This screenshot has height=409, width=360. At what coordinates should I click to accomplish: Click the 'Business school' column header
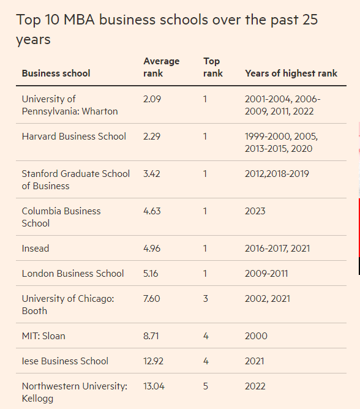[x=56, y=73]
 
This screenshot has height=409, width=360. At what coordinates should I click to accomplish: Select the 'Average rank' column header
[x=161, y=67]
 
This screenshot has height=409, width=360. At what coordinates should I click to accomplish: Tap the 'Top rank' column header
[x=213, y=67]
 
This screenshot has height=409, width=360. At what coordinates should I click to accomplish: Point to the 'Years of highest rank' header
[x=291, y=73]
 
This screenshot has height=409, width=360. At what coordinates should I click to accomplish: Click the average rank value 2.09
[x=152, y=99]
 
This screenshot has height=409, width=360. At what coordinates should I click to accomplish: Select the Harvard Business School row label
[x=74, y=137]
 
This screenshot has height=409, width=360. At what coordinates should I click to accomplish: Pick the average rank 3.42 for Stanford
[x=152, y=174]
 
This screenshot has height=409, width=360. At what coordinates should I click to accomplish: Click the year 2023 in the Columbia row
[x=255, y=211]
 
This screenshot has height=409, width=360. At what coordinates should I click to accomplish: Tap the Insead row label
[x=36, y=249]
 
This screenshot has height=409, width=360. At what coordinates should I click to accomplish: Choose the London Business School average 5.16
[x=151, y=273]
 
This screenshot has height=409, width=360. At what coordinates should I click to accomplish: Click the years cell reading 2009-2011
[x=266, y=273]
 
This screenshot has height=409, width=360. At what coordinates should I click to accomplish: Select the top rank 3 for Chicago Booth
[x=206, y=298]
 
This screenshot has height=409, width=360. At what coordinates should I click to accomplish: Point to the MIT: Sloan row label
[x=43, y=336]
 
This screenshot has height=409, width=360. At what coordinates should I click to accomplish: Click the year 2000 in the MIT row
[x=256, y=336]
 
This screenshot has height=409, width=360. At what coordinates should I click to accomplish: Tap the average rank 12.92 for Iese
[x=153, y=361]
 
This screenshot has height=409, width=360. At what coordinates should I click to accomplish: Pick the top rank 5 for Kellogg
[x=206, y=386]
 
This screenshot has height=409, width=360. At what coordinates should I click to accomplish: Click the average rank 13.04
[x=154, y=386]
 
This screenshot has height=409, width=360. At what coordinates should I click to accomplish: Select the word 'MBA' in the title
[x=79, y=20]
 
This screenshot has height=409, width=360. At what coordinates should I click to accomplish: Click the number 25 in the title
[x=310, y=20]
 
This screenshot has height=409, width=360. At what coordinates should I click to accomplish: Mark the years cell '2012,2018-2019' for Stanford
[x=277, y=174]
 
